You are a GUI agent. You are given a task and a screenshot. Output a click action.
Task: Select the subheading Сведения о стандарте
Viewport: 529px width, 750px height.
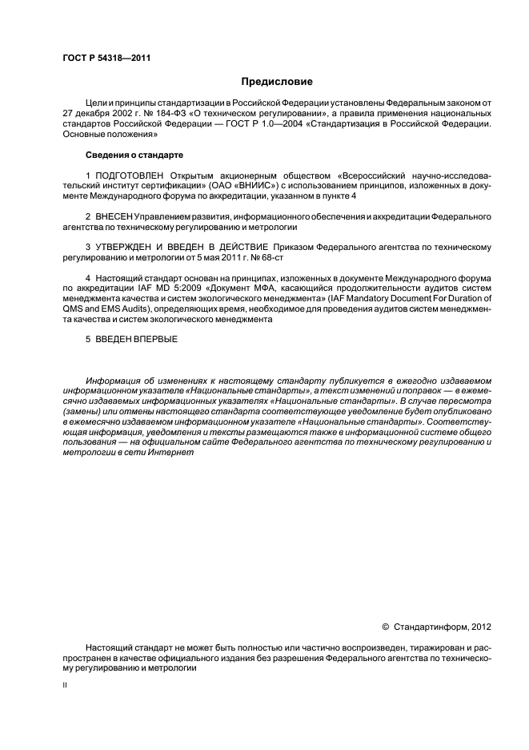click(134, 153)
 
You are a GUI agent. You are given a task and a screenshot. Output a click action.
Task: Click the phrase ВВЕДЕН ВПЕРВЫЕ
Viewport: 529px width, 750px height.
click(137, 339)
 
